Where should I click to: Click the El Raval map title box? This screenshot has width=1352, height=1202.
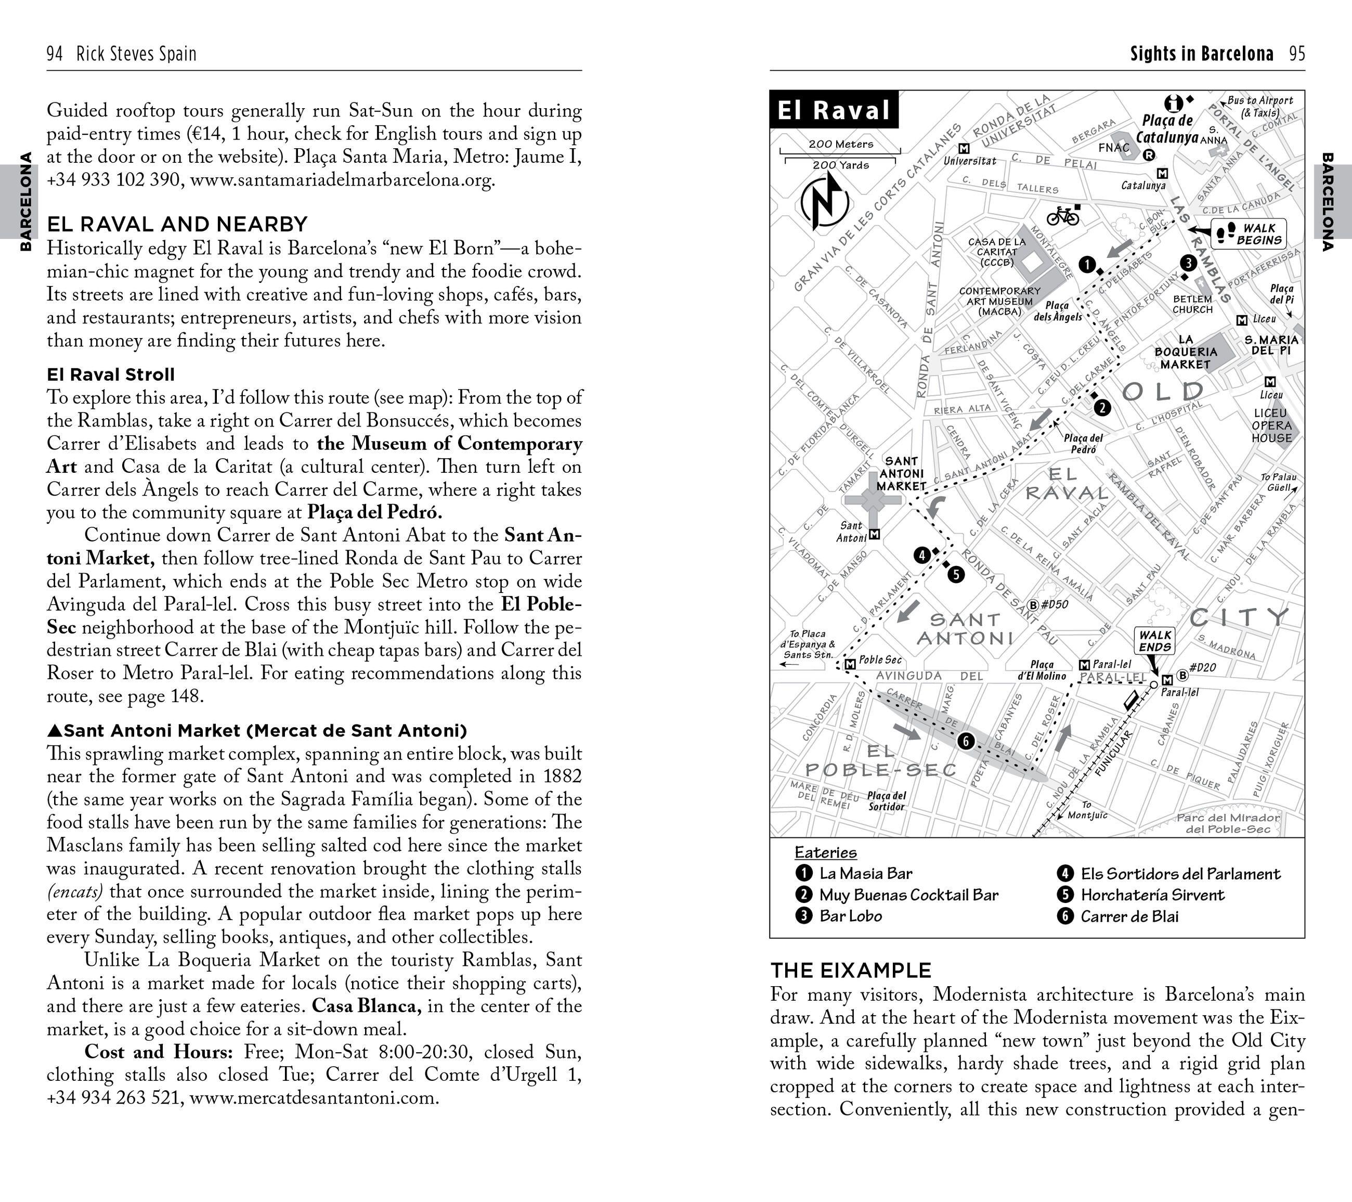coord(834,110)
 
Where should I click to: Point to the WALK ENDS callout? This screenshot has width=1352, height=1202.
coord(1155,640)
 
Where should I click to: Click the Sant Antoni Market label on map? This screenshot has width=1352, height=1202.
coord(902,474)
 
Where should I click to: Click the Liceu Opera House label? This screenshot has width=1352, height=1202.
coord(1271,425)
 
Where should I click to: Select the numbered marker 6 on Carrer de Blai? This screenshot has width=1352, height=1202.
coord(965,742)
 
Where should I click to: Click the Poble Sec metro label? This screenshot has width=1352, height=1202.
coord(880,660)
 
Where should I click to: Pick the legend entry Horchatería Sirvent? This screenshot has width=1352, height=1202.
coord(1152,895)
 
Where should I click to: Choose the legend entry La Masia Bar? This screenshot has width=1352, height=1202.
coord(865,873)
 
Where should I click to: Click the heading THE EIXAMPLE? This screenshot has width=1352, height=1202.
coord(851,971)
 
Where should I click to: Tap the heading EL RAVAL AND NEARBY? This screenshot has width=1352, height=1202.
coord(177,224)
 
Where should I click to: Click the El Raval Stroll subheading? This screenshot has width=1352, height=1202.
coord(110,374)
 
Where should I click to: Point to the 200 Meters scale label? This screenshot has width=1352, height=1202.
coord(841,144)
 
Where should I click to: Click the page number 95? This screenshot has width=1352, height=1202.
coord(1297,54)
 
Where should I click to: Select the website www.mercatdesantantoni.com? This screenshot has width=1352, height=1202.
coord(314,1098)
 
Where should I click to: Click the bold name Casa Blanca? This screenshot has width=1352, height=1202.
coord(367,1006)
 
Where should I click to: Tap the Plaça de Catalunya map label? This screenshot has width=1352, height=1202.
coord(1167,129)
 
